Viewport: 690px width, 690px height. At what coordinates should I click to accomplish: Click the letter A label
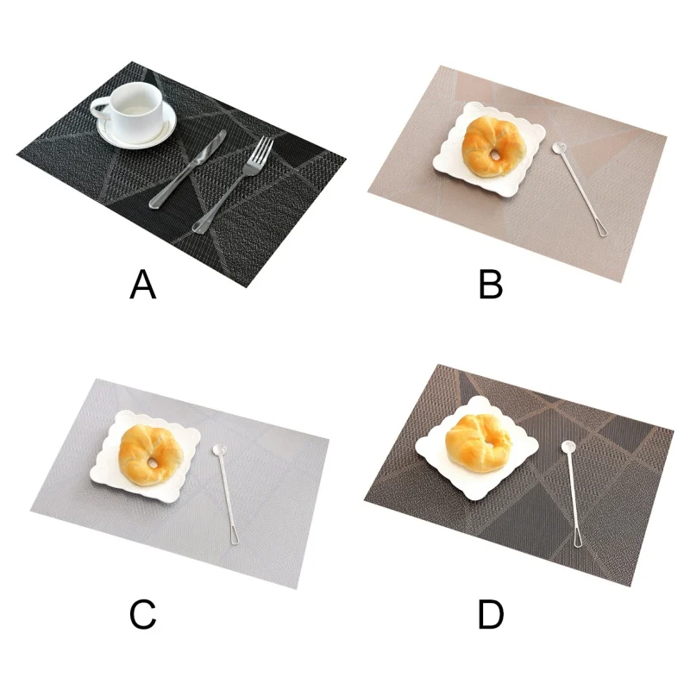pos(143,285)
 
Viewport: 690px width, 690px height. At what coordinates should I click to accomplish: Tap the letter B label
pos(491,285)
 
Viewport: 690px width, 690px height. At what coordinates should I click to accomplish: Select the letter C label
pos(143,614)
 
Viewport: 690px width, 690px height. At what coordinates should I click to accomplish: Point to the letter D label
pos(491,614)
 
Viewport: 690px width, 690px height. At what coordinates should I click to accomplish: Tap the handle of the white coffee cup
pos(100,110)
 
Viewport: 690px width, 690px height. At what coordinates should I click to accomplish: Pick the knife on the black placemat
pos(188,169)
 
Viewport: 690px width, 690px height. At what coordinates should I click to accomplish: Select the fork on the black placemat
pos(233,185)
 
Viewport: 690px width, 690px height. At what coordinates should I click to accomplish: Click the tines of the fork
pos(263,148)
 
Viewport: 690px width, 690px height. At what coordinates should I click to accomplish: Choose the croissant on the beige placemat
pos(493,147)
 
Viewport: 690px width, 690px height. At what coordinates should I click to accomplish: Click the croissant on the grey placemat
pos(151,455)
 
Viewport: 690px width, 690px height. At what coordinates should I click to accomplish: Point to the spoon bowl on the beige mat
pos(559,147)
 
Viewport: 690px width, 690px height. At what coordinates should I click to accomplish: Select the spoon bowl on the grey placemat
pos(219,450)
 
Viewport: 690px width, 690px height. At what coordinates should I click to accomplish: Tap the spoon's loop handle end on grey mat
pos(234,536)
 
